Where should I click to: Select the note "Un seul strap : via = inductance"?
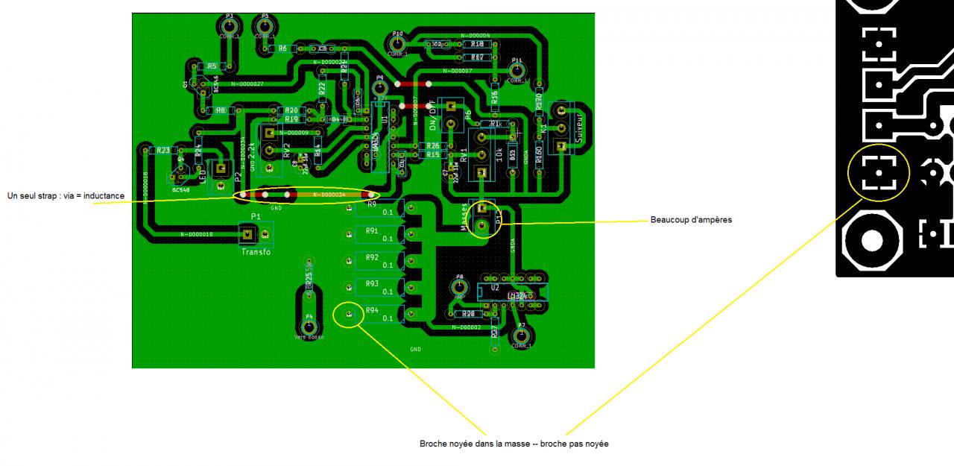66,196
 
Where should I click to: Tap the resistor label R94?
372,310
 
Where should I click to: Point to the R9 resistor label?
372,204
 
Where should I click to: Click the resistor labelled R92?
372,257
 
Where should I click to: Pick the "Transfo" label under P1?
256,252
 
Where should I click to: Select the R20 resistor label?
291,110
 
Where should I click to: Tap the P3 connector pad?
230,27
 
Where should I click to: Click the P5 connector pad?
265,27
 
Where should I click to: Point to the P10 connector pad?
397,44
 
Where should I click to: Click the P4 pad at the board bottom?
309,327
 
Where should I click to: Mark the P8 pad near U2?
459,286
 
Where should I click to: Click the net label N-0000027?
247,84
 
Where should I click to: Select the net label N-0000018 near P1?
197,234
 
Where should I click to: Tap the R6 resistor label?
283,48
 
